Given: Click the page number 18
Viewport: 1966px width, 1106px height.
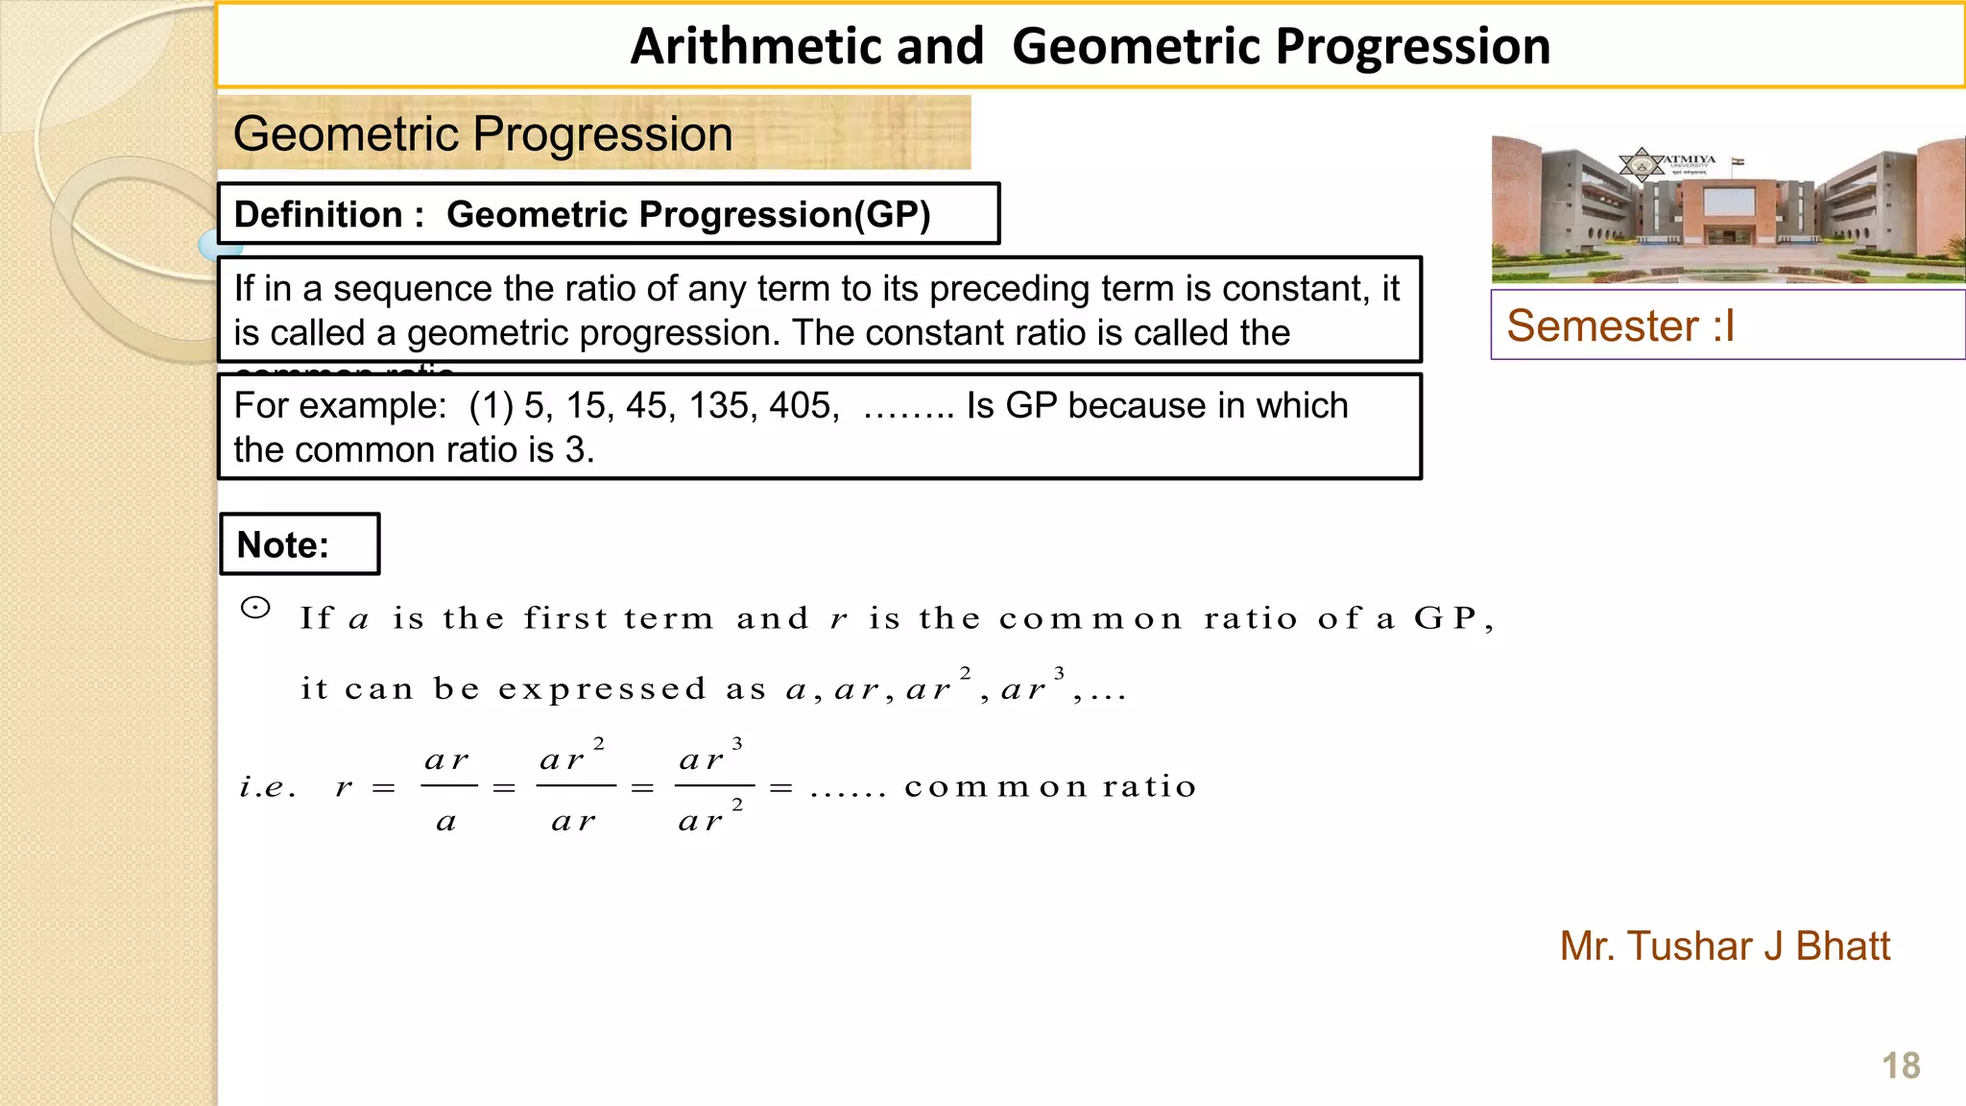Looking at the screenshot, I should (1901, 1066).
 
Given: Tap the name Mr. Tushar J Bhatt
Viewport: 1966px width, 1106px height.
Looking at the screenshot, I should (1724, 947).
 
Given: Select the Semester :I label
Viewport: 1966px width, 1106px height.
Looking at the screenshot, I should (1620, 326).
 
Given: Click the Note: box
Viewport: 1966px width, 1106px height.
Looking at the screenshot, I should (300, 544).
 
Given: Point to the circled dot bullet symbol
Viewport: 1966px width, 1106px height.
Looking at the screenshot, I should (255, 608).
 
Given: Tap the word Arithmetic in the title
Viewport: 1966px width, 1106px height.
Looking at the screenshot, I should (806, 46).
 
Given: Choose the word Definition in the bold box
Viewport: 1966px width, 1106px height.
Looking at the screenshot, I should (318, 214).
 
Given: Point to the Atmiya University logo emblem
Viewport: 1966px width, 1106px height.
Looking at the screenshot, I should (1642, 164).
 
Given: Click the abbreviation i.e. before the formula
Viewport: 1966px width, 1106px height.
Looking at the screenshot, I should (267, 788).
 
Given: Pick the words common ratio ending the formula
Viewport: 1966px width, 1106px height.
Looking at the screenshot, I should (1050, 787).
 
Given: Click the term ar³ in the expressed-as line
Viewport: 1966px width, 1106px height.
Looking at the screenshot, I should (1031, 686).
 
